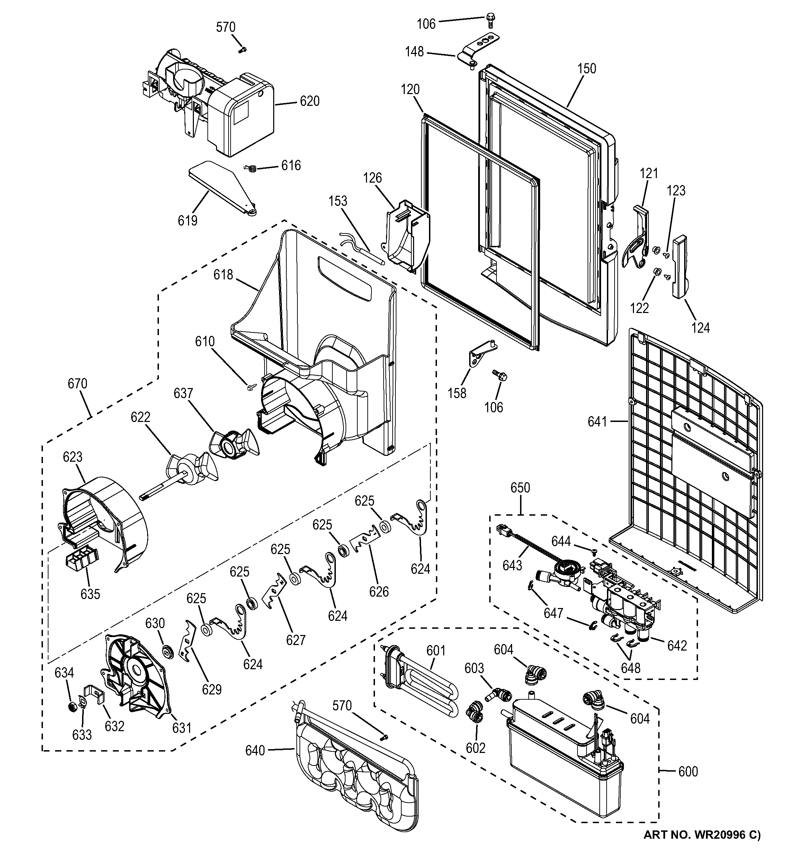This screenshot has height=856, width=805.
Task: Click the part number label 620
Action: click(x=310, y=101)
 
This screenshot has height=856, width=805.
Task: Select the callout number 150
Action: click(x=587, y=68)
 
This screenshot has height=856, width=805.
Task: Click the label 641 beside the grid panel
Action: click(x=597, y=422)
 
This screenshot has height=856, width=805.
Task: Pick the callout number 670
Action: click(x=78, y=383)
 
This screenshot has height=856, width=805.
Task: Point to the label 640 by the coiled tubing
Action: click(x=255, y=751)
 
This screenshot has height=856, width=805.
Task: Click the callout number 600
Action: click(x=688, y=771)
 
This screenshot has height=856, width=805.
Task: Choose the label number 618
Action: click(x=223, y=274)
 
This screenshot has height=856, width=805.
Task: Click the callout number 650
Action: click(x=520, y=488)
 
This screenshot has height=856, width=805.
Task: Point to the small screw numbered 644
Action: click(x=594, y=552)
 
